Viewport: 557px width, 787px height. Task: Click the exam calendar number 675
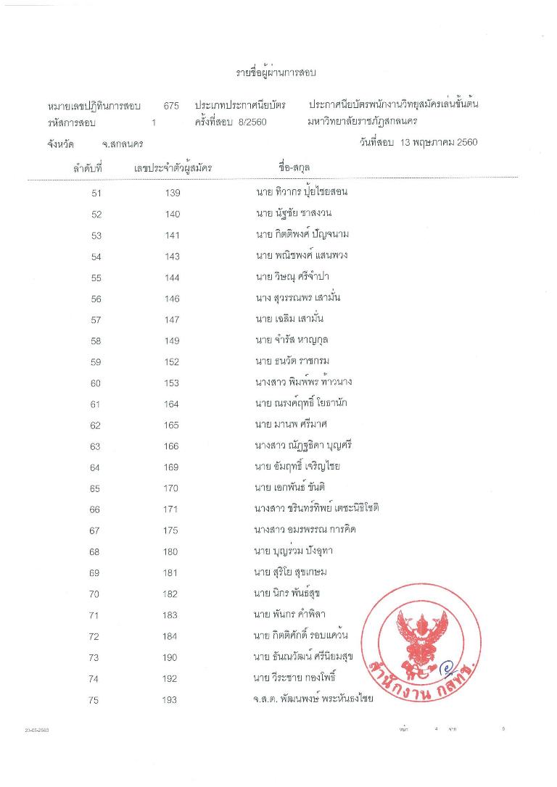pos(171,106)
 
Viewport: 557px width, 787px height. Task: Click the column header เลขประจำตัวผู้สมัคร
pos(173,168)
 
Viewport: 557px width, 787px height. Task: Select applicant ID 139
pos(172,193)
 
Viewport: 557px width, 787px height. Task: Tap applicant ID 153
pos(172,383)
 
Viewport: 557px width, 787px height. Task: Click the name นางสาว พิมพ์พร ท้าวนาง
pos(304,382)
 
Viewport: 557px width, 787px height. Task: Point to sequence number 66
pos(94,509)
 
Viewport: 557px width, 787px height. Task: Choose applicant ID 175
pos(170,530)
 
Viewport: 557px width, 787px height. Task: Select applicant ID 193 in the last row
pos(170,700)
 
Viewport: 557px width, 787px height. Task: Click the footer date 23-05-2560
pos(36,730)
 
